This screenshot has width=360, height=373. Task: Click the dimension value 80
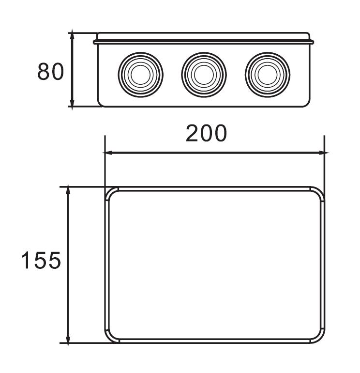(x=50, y=72)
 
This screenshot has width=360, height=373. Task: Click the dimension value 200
(x=207, y=134)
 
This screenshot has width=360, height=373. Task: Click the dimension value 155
(x=41, y=261)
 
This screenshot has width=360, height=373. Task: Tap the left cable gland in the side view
(x=140, y=74)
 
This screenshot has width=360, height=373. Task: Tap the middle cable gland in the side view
(x=204, y=74)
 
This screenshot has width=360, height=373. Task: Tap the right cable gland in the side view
(x=267, y=74)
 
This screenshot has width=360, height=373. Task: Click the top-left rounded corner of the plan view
(x=111, y=192)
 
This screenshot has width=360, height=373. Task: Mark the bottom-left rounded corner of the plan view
(x=111, y=338)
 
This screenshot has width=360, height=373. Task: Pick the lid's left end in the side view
(x=96, y=39)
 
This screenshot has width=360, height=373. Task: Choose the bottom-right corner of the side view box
(x=306, y=103)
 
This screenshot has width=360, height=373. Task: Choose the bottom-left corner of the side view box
(x=101, y=103)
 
